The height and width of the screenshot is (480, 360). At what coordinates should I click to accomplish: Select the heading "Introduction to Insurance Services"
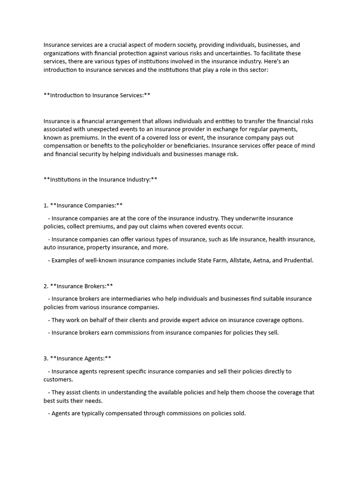pos(97,95)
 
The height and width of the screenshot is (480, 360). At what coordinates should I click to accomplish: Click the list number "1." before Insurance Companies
pos(46,205)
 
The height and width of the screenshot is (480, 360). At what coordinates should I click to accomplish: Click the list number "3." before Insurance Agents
pos(46,359)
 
